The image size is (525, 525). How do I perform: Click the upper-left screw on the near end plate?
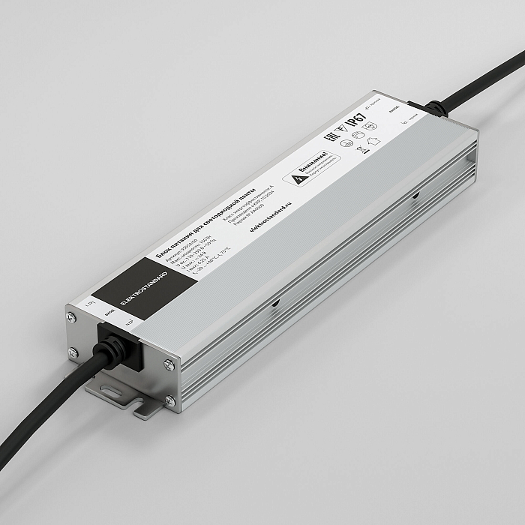tap(72, 318)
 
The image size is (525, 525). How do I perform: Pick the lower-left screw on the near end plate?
tap(73, 352)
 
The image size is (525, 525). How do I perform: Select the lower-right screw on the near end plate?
tap(169, 400)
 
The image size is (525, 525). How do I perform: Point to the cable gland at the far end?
tap(434, 109)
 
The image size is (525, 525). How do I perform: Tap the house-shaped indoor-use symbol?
tap(374, 139)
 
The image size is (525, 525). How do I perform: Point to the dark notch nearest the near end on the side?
tap(275, 304)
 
